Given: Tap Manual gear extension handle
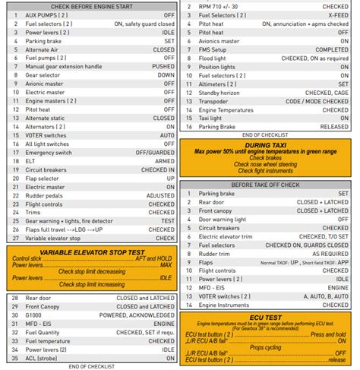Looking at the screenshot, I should (64, 66).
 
